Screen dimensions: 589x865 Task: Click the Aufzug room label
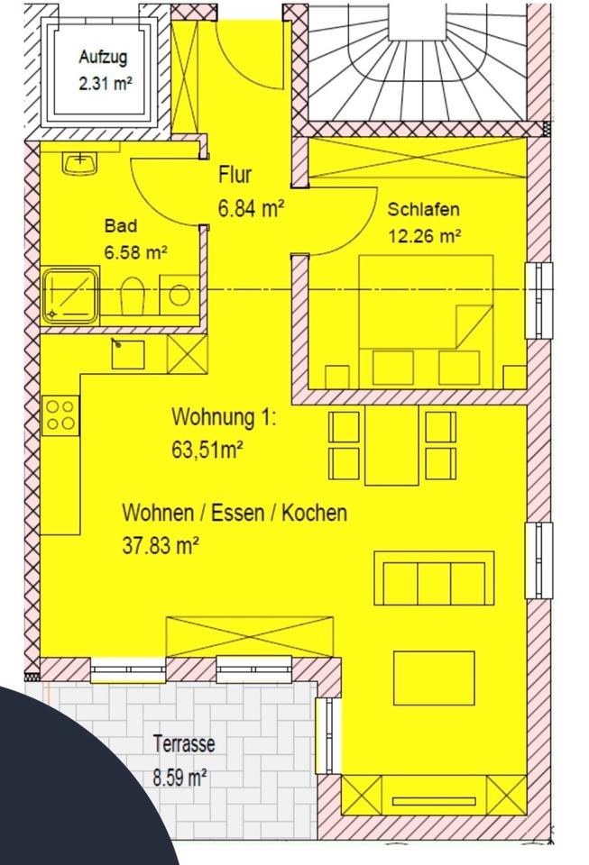point(103,58)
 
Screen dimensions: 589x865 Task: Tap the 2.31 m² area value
point(105,84)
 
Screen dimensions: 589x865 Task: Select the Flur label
point(235,174)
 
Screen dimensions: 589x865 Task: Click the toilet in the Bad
point(132,296)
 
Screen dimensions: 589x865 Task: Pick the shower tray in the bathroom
point(70,296)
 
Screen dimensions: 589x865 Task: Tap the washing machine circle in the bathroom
point(179,295)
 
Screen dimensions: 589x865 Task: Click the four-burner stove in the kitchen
point(60,414)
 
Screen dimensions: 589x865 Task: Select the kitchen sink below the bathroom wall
point(128,353)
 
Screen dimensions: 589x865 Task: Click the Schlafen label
point(423,210)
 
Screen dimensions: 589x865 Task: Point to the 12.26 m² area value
point(425,236)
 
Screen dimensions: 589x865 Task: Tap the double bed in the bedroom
point(426,321)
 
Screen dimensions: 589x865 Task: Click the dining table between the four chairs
point(391,444)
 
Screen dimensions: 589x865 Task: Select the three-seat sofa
point(434,578)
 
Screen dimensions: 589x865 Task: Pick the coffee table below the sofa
point(434,678)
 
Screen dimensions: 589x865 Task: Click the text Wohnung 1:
point(224,416)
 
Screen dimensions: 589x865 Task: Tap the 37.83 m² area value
point(160,546)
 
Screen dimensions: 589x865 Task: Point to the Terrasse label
point(184,743)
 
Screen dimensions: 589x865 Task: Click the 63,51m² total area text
point(207,449)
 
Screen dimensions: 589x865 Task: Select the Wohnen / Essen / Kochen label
point(235,513)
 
